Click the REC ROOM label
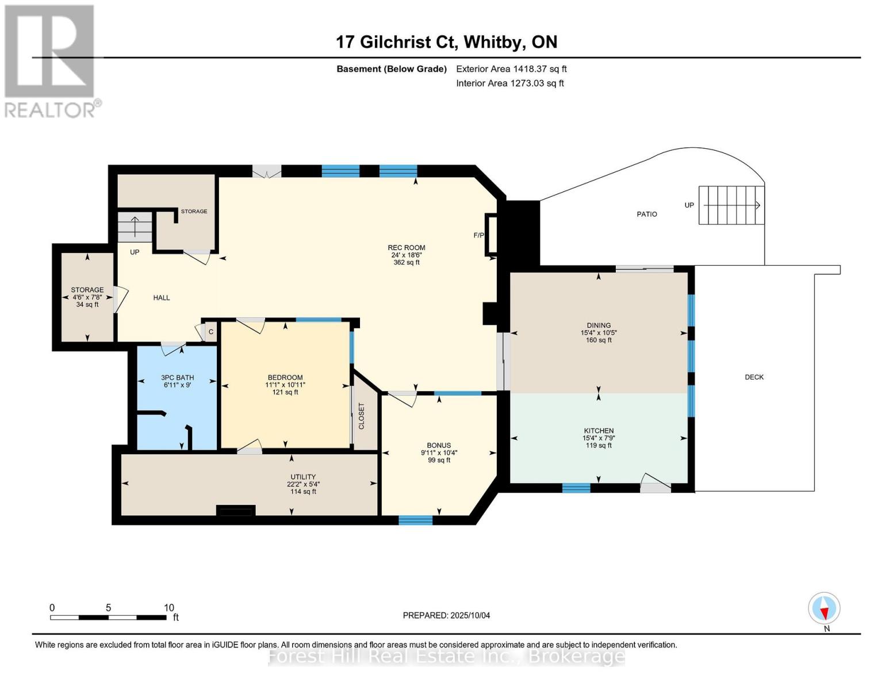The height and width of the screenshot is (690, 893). click(x=406, y=247)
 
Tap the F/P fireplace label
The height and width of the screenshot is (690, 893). click(x=479, y=236)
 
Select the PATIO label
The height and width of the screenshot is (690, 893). click(x=646, y=214)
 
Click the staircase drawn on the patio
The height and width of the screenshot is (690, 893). click(x=731, y=205)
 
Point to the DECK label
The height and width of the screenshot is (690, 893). click(x=754, y=377)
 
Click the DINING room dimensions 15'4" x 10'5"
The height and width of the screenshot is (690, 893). click(x=599, y=333)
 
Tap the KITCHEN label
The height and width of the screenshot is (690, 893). click(x=599, y=431)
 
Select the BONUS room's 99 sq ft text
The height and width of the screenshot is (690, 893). click(x=439, y=460)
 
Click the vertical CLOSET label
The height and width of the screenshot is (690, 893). click(x=361, y=416)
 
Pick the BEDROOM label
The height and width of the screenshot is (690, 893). click(x=285, y=377)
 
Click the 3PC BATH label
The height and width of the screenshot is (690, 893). click(x=177, y=377)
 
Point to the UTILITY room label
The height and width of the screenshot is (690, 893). click(x=303, y=477)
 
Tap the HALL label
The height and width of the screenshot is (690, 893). click(x=162, y=297)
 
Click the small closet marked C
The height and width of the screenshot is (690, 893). click(x=211, y=332)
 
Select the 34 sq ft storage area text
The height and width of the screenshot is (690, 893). click(x=87, y=305)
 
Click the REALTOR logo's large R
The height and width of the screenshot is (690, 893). click(x=49, y=51)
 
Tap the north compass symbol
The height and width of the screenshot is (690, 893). click(x=824, y=608)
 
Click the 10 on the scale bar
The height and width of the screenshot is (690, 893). click(x=169, y=607)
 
